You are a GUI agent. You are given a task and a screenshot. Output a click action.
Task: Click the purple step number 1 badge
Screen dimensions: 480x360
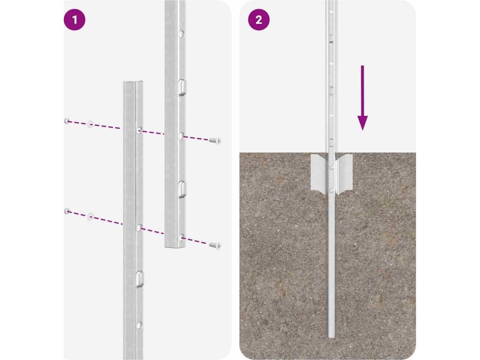point(75,20)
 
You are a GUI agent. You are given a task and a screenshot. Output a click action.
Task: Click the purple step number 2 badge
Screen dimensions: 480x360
point(259,20)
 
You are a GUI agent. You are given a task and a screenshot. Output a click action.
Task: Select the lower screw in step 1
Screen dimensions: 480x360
point(215,246)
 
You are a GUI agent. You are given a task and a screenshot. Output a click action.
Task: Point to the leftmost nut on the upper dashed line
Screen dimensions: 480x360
point(67,121)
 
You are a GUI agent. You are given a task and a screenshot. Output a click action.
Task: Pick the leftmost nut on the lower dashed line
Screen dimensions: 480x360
point(67,211)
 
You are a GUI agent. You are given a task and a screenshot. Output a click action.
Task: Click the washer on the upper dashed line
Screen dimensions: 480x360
point(90,124)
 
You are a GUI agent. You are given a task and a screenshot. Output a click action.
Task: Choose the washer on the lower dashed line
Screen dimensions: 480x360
point(90,217)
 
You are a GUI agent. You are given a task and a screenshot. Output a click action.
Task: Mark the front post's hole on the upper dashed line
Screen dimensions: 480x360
point(139,130)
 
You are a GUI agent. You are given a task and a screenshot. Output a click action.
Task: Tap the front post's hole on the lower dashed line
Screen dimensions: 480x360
point(139,227)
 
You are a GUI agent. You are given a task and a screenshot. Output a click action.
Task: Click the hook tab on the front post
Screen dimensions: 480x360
point(140,279)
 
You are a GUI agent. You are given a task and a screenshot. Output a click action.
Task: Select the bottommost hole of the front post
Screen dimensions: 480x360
point(139,325)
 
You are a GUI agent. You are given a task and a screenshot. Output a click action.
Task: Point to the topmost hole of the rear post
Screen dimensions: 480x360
point(181,34)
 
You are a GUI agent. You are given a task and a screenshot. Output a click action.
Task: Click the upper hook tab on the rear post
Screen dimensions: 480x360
point(181,88)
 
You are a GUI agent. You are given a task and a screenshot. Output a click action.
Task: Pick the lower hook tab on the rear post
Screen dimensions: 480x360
point(181,189)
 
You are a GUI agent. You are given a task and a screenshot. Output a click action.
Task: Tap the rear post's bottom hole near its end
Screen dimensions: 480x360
point(181,237)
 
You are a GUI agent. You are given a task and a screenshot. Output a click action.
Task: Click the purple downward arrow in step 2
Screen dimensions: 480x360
point(362,97)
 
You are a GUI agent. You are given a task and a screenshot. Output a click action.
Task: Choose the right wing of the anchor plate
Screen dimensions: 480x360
point(344,173)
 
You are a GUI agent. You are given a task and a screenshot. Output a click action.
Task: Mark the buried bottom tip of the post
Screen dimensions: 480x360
point(331,337)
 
